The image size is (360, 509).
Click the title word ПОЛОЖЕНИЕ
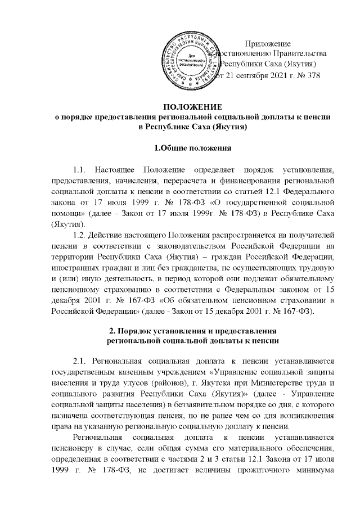[x=192, y=107]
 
